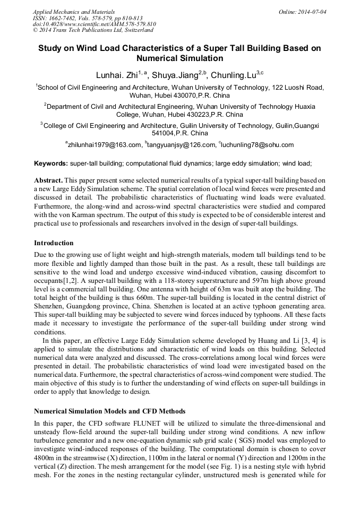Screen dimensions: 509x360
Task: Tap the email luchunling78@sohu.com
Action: pos(257,144)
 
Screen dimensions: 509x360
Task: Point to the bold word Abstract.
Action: pos(48,180)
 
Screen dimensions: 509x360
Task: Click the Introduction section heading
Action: pos(54,243)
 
